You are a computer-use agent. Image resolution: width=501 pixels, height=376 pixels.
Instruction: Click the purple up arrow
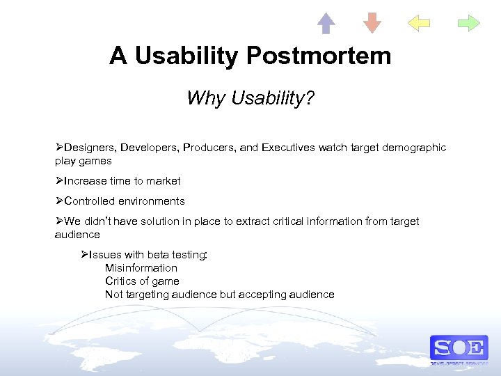[326, 23]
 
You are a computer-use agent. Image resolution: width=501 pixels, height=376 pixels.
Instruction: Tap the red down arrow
[372, 23]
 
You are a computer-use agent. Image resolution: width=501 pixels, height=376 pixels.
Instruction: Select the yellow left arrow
[419, 23]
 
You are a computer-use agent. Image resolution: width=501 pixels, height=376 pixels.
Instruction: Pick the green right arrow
[469, 23]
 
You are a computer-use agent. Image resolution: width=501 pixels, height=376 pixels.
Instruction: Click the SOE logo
[459, 347]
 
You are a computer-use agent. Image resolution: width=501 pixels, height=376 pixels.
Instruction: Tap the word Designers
[90, 148]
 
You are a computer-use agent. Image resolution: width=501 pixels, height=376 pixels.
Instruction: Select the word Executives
[289, 148]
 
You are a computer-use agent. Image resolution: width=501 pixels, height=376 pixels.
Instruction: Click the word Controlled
[90, 201]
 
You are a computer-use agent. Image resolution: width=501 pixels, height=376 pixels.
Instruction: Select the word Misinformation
[141, 268]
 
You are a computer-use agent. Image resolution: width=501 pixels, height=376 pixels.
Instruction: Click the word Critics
[121, 281]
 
